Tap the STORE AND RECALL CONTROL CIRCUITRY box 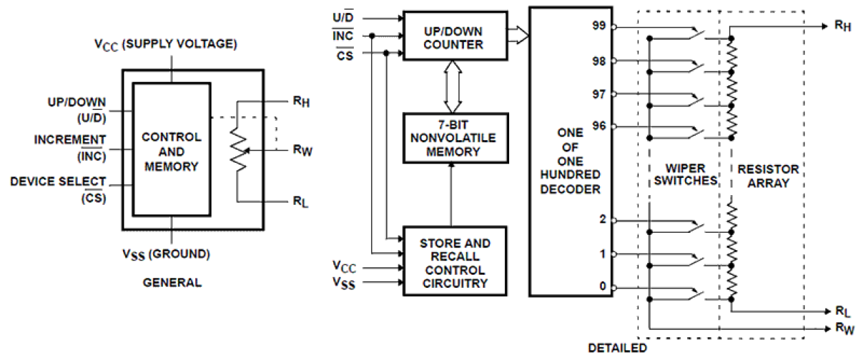click(x=455, y=262)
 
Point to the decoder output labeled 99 click(x=598, y=27)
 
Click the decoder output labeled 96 click(x=598, y=126)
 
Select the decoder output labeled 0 click(x=603, y=287)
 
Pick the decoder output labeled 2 click(x=603, y=221)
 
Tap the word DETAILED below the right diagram click(x=618, y=348)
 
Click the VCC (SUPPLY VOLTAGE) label click(x=166, y=45)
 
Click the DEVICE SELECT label click(x=58, y=182)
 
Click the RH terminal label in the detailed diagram click(x=843, y=26)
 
